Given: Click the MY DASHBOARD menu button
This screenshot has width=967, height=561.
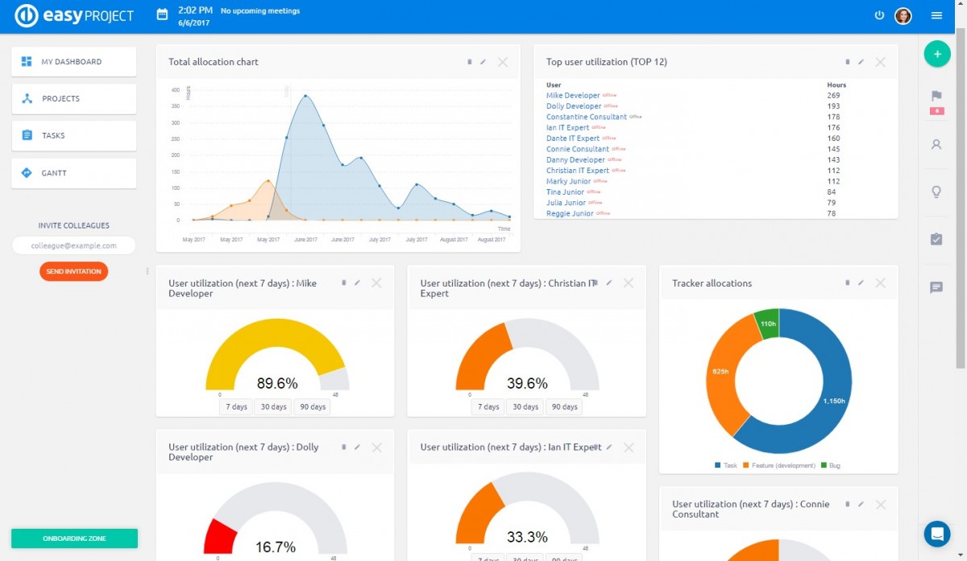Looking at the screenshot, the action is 73,62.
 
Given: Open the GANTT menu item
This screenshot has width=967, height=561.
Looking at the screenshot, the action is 73,173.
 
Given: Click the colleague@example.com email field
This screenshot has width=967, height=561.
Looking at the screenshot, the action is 73,245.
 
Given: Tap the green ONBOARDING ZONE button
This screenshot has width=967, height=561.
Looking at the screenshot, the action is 74,538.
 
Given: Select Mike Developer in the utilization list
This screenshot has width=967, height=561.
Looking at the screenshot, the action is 573,96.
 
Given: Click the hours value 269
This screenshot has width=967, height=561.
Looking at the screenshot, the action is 833,96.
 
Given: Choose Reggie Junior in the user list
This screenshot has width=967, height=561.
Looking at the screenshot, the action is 570,213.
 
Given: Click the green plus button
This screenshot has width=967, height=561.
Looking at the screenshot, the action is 936,54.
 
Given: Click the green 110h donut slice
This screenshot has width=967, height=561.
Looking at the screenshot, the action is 768,323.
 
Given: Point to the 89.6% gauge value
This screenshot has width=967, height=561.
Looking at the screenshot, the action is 277,383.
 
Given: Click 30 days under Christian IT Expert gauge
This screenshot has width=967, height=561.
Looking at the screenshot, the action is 525,406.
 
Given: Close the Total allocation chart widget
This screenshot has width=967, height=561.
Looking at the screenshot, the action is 503,62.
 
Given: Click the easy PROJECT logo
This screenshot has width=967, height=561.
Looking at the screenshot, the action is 74,15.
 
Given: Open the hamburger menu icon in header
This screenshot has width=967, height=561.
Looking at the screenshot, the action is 936,15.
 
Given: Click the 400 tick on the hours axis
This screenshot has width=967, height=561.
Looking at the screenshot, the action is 176,90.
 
